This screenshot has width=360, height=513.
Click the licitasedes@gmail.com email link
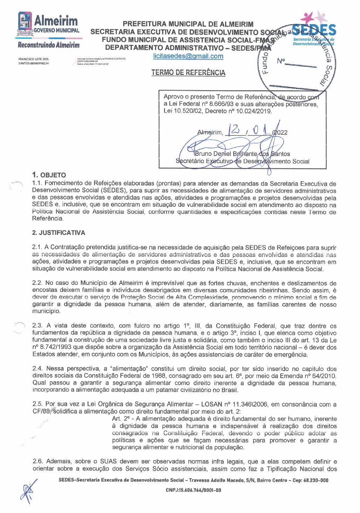pyautogui.click(x=188, y=56)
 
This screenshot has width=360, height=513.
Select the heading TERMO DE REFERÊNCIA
pyautogui.click(x=188, y=73)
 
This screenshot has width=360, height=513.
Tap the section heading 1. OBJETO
pyautogui.click(x=49, y=175)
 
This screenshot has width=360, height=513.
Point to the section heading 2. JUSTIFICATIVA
pyautogui.click(x=58, y=233)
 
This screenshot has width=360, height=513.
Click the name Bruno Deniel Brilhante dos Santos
pyautogui.click(x=242, y=154)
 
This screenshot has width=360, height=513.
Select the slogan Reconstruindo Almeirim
pyautogui.click(x=49, y=45)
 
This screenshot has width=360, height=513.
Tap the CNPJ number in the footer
pyautogui.click(x=193, y=490)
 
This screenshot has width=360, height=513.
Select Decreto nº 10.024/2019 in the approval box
pyautogui.click(x=238, y=111)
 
